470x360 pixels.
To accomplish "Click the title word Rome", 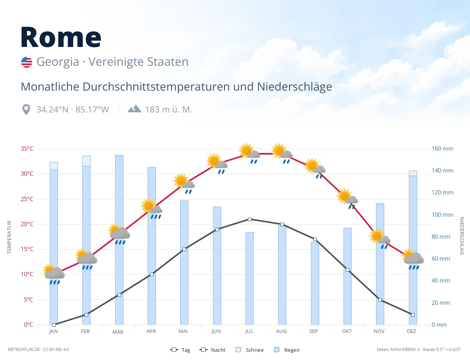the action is point(61,37).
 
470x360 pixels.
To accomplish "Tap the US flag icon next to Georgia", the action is point(27,62).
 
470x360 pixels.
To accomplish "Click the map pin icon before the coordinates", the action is point(26,110).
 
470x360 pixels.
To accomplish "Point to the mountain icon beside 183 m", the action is point(134,109).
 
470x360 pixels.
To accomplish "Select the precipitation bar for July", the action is point(249,278).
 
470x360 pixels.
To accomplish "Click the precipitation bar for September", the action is point(315,283).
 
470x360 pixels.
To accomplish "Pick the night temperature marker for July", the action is point(249,220).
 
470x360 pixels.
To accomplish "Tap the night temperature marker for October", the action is point(347,270).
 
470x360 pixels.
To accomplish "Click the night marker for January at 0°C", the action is point(54,324).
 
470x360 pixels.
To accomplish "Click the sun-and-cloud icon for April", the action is point(152,209).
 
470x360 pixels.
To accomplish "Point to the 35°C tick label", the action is point(27,149).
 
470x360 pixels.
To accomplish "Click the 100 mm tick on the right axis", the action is point(442,214).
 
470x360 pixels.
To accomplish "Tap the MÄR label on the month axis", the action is point(118,332).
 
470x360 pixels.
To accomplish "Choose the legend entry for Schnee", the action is point(249,350).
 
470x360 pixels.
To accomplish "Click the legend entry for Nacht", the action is point(212,350).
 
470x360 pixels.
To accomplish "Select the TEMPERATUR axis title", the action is point(9,237).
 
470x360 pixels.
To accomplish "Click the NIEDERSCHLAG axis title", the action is point(461,236).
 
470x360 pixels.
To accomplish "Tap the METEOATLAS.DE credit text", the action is point(24,349).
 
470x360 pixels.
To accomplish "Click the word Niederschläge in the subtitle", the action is point(295,87).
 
